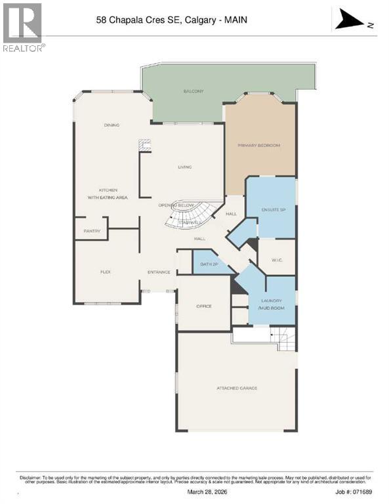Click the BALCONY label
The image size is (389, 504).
pyautogui.click(x=194, y=91)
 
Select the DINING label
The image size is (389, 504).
pyautogui.click(x=112, y=125)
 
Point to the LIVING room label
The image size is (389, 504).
pyautogui.click(x=184, y=167)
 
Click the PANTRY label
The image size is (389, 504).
pyautogui.click(x=91, y=230)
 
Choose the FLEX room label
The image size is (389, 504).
pyautogui.click(x=104, y=271)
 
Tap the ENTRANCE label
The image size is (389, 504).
pyautogui.click(x=159, y=272)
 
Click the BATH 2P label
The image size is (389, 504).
pyautogui.click(x=206, y=264)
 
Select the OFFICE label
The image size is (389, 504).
pyautogui.click(x=204, y=306)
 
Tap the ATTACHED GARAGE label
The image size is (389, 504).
pyautogui.click(x=237, y=388)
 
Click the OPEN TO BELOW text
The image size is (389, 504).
pyautogui.click(x=176, y=205)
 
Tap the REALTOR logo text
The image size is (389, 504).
pyautogui.click(x=24, y=48)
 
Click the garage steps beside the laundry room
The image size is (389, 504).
pyautogui.click(x=285, y=338)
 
